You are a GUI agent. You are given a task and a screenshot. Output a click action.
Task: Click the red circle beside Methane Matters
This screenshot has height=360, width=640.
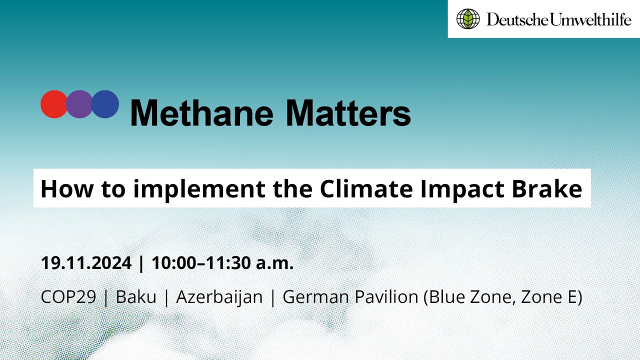pyautogui.click(x=53, y=104)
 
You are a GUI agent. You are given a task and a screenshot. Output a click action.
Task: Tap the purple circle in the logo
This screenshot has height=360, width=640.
pyautogui.click(x=79, y=104)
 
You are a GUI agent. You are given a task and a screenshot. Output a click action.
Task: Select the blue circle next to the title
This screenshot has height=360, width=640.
pyautogui.click(x=105, y=104)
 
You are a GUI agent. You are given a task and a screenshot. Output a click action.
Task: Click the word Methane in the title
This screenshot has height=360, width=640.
pyautogui.click(x=201, y=113)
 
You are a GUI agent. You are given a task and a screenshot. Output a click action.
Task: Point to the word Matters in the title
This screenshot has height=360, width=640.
pyautogui.click(x=348, y=113)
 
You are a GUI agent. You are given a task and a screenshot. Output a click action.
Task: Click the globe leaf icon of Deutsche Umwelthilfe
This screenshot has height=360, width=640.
pyautogui.click(x=468, y=19)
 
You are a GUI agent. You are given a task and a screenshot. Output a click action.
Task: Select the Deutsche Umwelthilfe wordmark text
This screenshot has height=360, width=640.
pyautogui.click(x=559, y=19)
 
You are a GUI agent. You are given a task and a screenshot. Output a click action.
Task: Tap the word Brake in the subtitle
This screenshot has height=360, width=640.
pyautogui.click(x=547, y=188)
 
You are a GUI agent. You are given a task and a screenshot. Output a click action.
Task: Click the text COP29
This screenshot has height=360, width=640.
pyautogui.click(x=68, y=297)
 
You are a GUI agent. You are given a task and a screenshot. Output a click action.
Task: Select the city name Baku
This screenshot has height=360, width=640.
pyautogui.click(x=136, y=297)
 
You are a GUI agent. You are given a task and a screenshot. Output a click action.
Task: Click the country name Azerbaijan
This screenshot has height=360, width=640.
pyautogui.click(x=219, y=297)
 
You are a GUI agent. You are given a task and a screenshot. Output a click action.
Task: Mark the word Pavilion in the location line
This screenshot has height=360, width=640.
pyautogui.click(x=386, y=297)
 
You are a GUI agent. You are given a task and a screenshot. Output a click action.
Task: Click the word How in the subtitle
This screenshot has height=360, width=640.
pyautogui.click(x=67, y=188)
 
